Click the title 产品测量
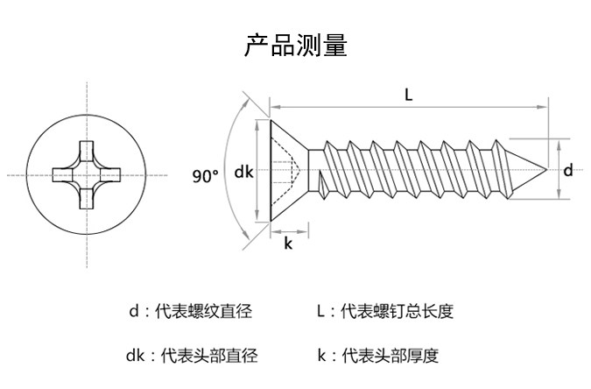(296, 45)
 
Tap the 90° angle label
(206, 176)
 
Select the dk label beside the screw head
(244, 172)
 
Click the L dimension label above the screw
(409, 95)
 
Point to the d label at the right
(568, 170)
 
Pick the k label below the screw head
(288, 244)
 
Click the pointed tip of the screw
(546, 169)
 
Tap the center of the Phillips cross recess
(87, 175)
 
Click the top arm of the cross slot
(87, 151)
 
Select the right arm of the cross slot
(111, 175)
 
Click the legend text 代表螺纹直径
(204, 311)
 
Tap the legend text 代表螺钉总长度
(398, 311)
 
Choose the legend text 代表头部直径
(209, 356)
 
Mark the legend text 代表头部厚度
(390, 356)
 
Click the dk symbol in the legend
(136, 356)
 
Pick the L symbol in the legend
(320, 311)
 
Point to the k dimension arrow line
(290, 231)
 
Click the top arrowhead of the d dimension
(559, 145)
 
